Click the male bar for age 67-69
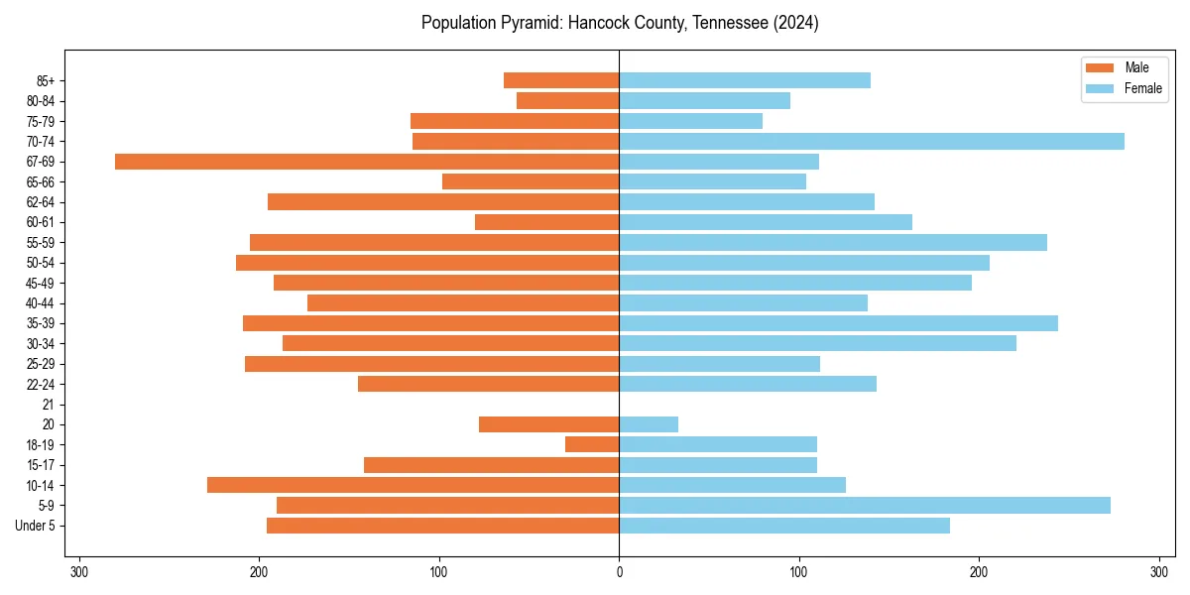[367, 162]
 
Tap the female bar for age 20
[649, 424]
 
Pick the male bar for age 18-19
[592, 444]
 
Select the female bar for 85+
[745, 80]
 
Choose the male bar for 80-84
[567, 100]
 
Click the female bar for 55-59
[833, 242]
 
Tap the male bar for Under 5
[442, 526]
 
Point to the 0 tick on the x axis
[619, 572]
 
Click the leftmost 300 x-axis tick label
[79, 572]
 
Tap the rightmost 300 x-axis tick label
[1158, 572]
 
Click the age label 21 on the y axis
[48, 405]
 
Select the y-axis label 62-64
[40, 202]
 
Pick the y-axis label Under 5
[35, 526]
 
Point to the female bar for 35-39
[838, 323]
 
